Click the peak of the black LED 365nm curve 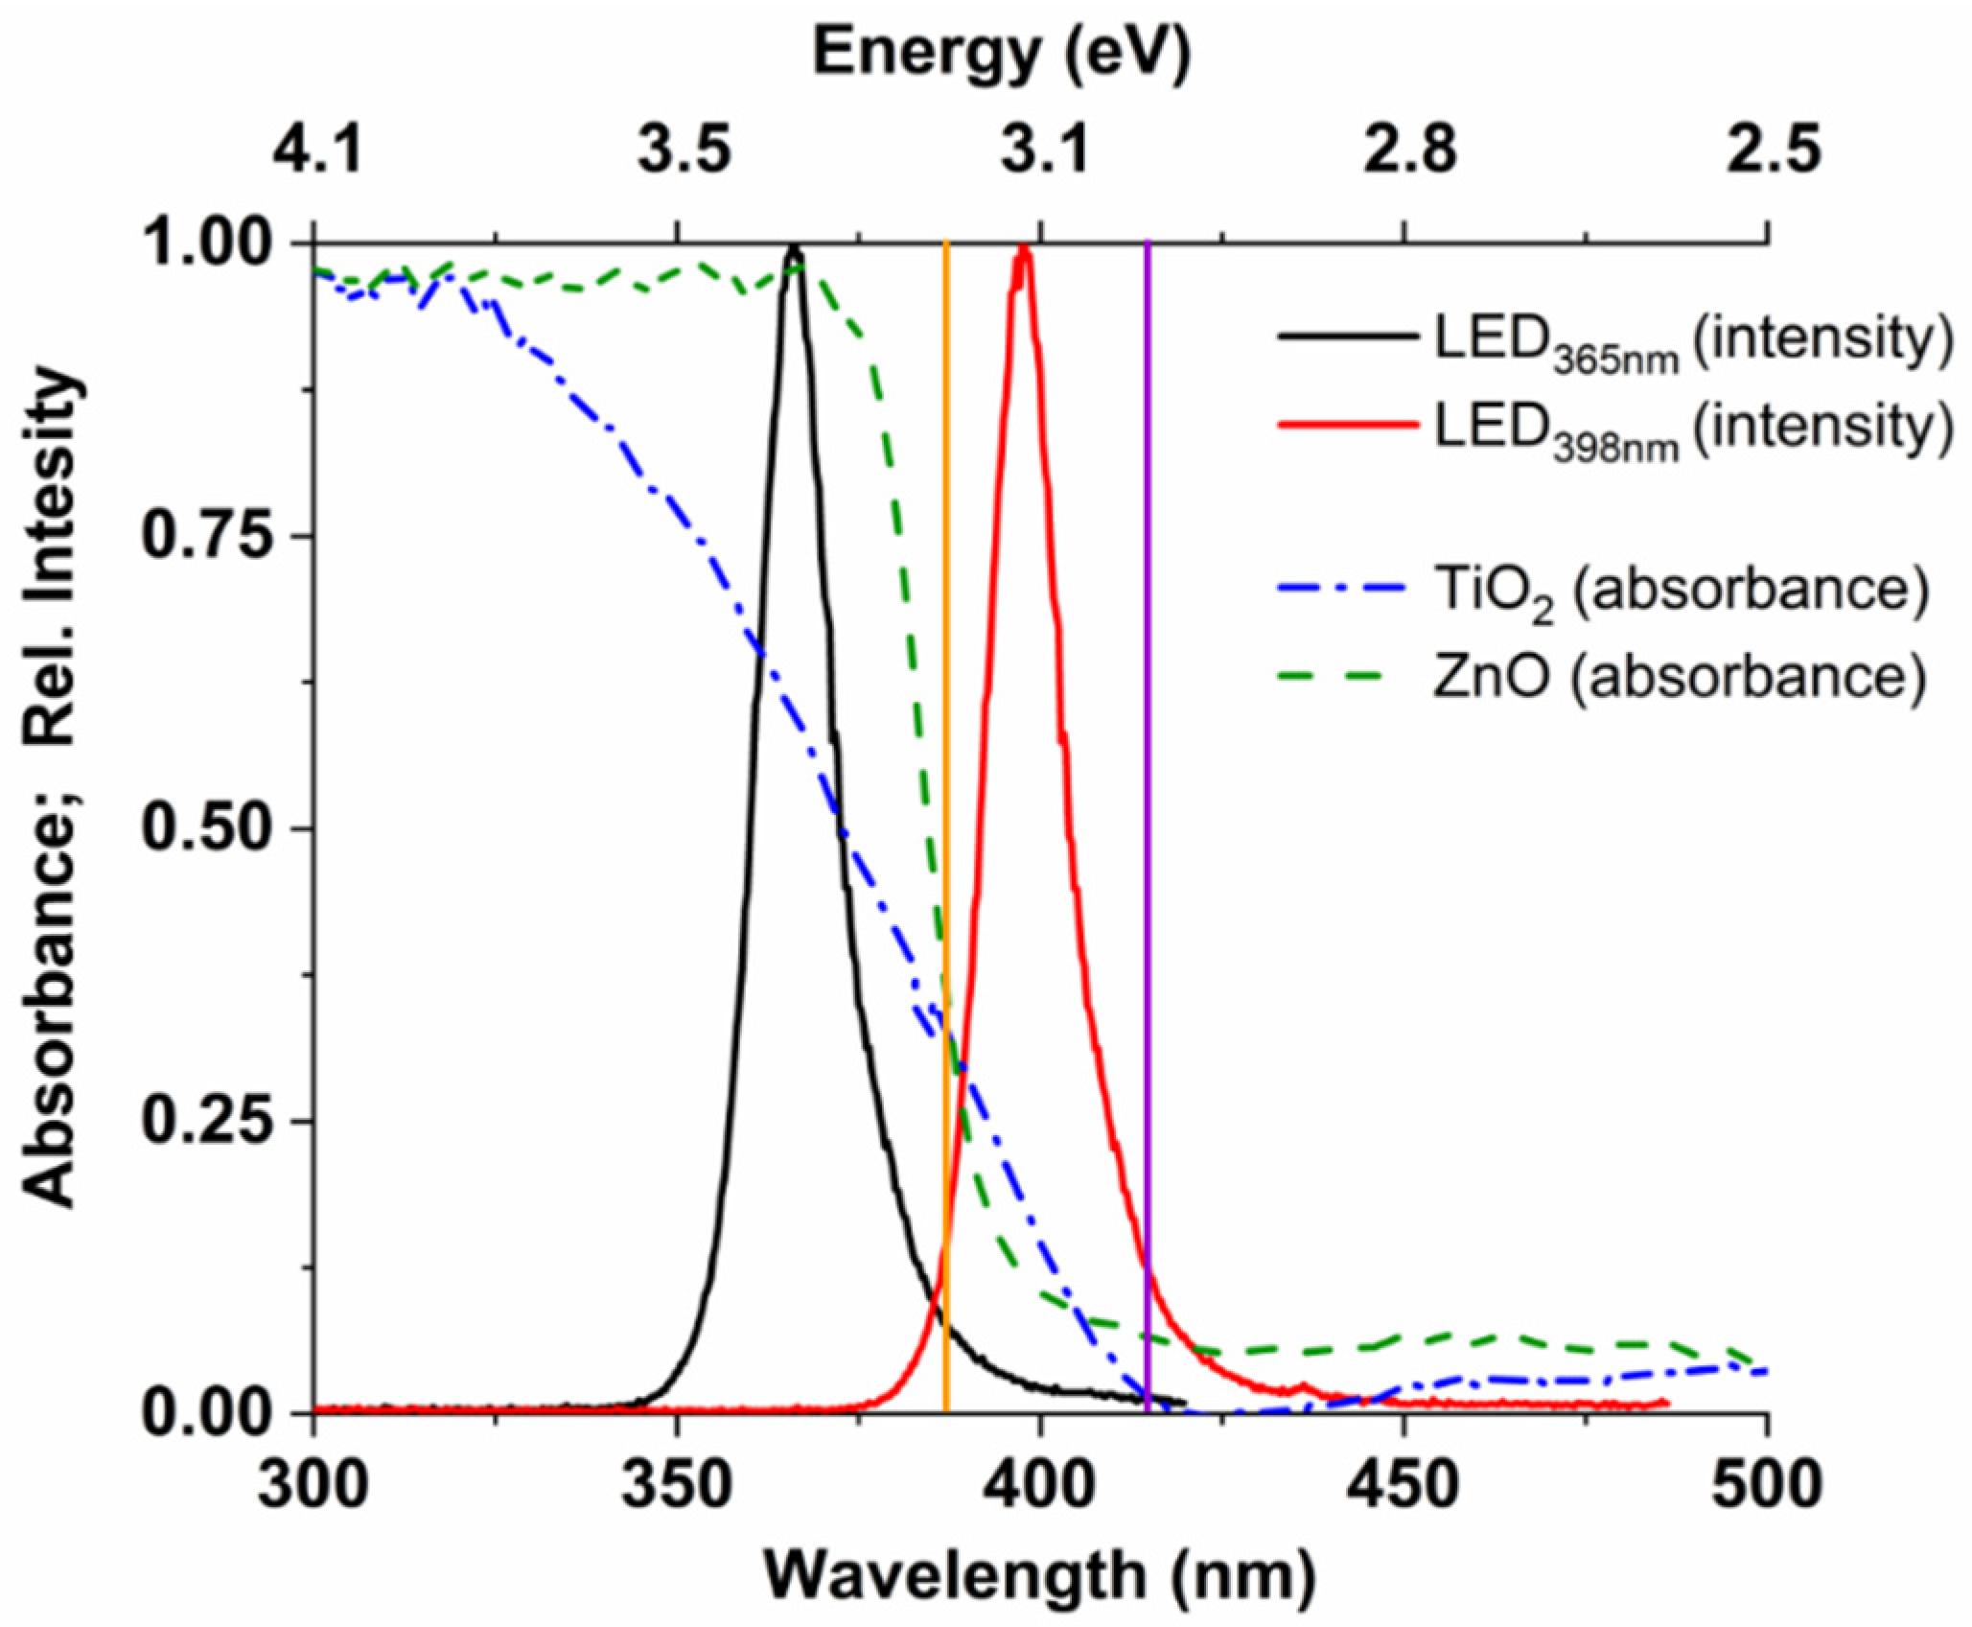(794, 248)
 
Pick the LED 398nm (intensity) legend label (1693, 429)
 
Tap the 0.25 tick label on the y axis (205, 1122)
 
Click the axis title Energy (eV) (1002, 53)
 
